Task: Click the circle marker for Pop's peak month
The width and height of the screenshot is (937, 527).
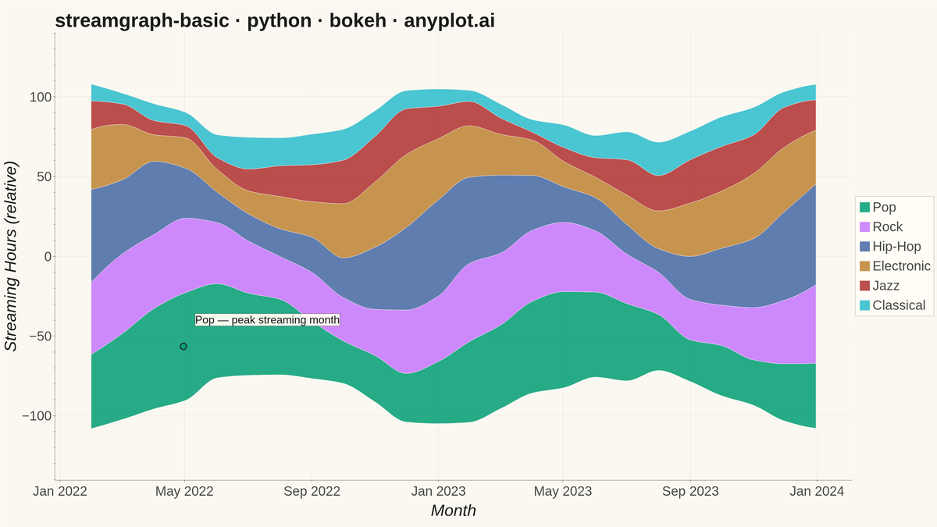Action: click(183, 347)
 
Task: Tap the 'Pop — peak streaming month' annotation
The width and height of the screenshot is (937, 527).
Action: click(267, 320)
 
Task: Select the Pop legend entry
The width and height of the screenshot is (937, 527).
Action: click(878, 207)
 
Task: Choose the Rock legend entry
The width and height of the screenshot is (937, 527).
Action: click(881, 226)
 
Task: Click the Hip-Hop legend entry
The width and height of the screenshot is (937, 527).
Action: click(890, 247)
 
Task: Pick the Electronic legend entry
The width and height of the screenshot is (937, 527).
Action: click(895, 266)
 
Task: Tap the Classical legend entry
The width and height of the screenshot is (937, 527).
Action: click(892, 305)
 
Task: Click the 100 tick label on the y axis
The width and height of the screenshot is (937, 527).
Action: click(41, 97)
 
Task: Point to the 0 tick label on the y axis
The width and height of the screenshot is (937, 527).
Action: click(48, 256)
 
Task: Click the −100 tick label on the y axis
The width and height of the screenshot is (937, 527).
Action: click(37, 416)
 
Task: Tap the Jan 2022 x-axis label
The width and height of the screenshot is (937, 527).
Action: click(60, 491)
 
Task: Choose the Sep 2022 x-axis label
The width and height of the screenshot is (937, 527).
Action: click(312, 491)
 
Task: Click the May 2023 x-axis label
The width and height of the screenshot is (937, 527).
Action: click(563, 491)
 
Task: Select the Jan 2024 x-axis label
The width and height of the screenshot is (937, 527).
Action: click(817, 491)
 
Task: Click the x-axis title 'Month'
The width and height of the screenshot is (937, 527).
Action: click(454, 511)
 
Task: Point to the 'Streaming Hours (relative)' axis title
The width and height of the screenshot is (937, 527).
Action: click(11, 256)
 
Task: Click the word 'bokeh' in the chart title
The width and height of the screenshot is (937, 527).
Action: click(358, 20)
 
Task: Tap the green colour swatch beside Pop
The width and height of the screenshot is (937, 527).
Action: click(864, 207)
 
